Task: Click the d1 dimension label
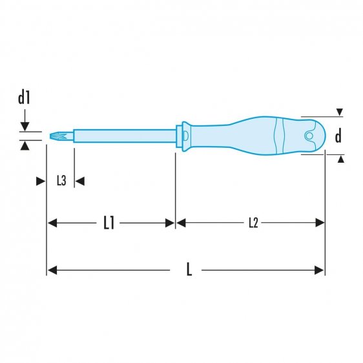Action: coord(25,99)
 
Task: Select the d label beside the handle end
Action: coord(338,136)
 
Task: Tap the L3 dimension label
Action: coord(61,181)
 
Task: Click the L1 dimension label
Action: coord(109,223)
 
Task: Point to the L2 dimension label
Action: coord(253,223)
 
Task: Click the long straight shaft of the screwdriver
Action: coord(123,136)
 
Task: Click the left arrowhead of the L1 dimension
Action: coord(52,223)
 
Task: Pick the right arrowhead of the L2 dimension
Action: coord(320,223)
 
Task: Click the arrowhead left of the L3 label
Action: coord(40,181)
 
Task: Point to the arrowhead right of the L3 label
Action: coord(80,181)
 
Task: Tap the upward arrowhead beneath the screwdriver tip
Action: coord(25,146)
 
